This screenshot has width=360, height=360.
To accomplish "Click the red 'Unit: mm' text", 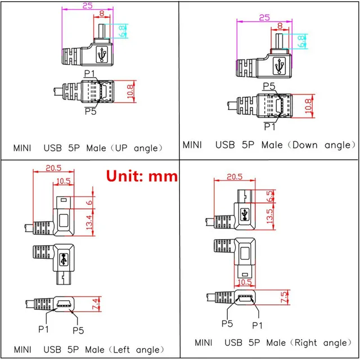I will point(142,176).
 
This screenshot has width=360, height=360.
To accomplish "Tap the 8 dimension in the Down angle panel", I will point(279,25).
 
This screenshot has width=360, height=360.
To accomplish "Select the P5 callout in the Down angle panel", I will point(268,86).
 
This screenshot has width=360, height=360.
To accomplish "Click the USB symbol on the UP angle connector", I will point(102,55).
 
